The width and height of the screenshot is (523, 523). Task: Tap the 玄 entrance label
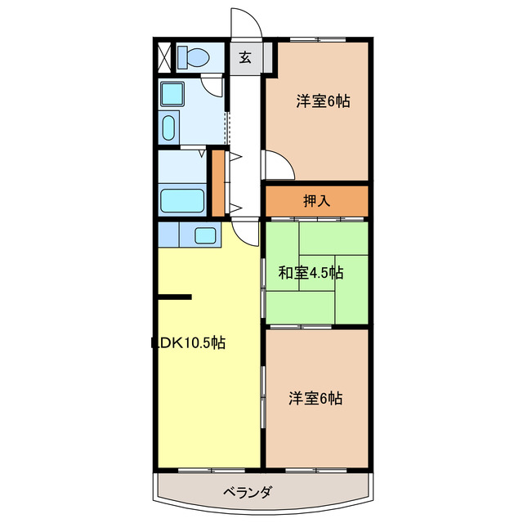(244, 57)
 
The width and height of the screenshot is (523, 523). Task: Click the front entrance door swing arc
(245, 23)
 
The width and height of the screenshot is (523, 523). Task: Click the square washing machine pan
(172, 95)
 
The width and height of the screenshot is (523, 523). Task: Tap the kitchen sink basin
(205, 235)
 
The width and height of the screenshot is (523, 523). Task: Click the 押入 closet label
(316, 201)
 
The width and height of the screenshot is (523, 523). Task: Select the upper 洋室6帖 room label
(323, 101)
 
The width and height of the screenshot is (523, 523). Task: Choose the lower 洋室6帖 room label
(315, 399)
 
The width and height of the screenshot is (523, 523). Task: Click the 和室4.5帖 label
(311, 273)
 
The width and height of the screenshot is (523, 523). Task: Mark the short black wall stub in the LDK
(174, 297)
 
